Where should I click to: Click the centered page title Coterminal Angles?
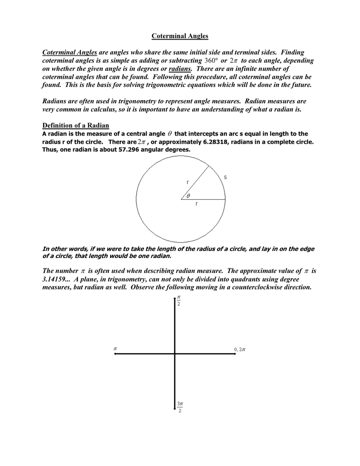[180, 36]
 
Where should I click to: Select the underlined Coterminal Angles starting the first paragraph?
[70, 53]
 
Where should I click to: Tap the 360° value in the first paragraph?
[212, 61]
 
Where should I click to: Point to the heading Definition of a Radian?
[76, 126]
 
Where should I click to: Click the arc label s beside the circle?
[225, 177]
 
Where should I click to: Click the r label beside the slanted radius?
[187, 182]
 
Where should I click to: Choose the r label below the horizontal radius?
[196, 204]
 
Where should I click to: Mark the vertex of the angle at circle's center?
[181, 199]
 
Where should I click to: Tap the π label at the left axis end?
[115, 349]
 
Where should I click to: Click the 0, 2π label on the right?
[240, 349]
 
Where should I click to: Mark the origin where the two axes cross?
[175, 354]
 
